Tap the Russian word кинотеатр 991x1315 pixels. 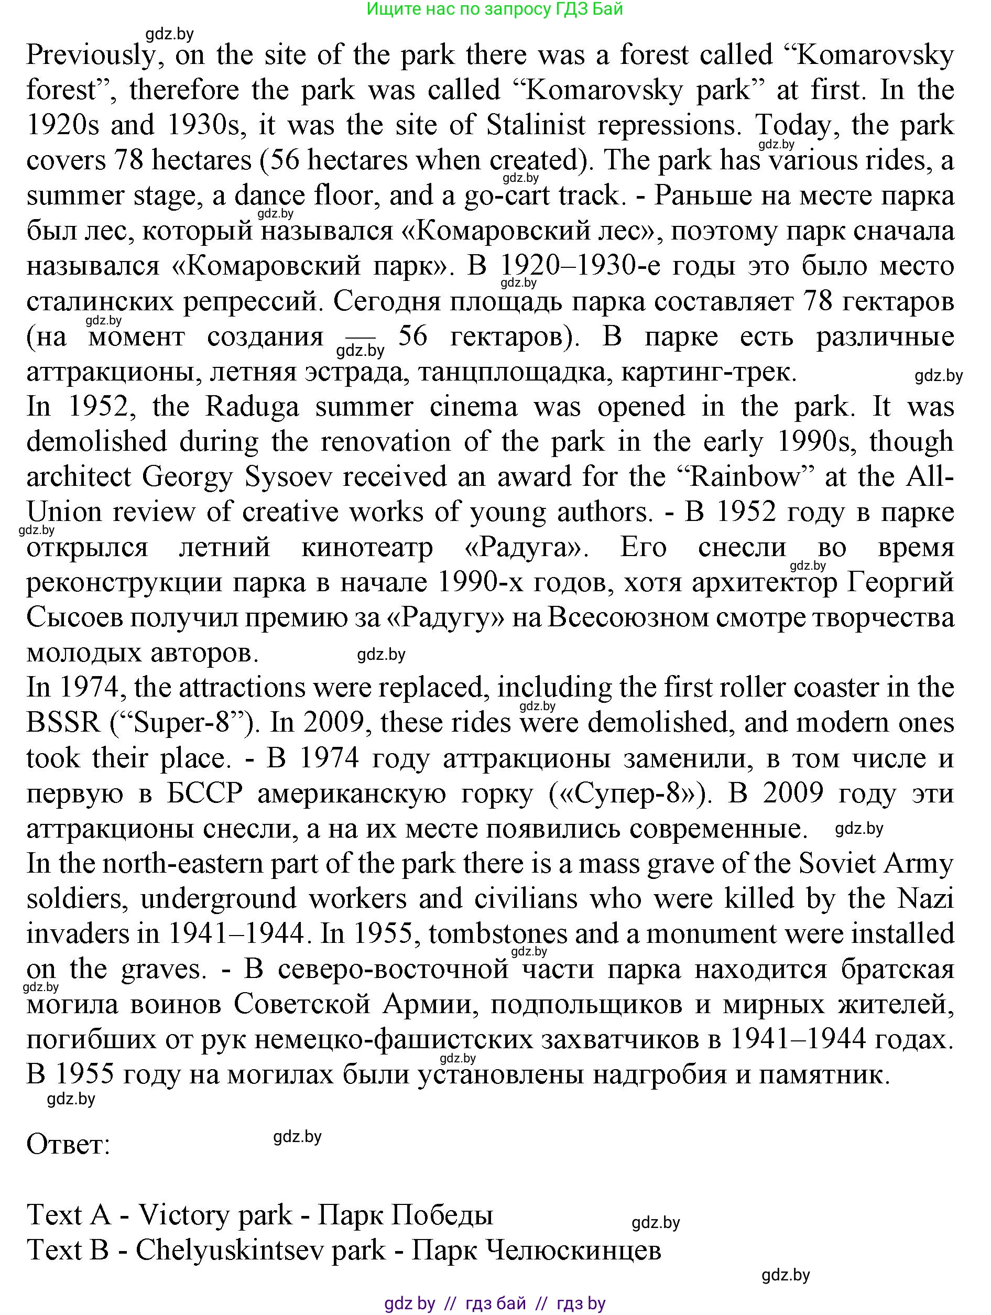pos(367,548)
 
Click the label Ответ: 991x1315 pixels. pos(68,1144)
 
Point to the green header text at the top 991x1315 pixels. pos(495,9)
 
